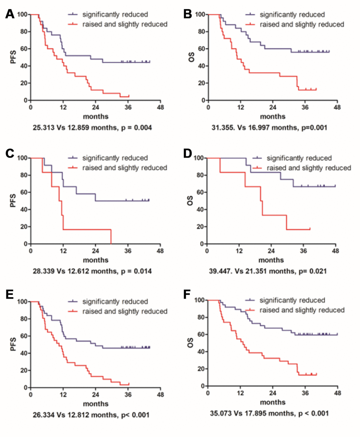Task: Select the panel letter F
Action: tap(187, 295)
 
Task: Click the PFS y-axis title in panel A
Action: tap(14, 57)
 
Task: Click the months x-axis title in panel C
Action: tap(96, 260)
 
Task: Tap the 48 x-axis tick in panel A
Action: tap(160, 107)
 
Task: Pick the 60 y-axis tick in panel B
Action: tap(202, 49)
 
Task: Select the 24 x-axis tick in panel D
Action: tap(271, 251)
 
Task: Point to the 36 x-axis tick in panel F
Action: tap(305, 393)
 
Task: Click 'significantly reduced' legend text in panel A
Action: tap(115, 14)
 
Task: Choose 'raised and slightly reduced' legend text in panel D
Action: tap(309, 168)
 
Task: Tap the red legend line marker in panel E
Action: tap(73, 311)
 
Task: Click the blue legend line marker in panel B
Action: tap(250, 14)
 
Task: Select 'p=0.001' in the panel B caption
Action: tap(314, 127)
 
